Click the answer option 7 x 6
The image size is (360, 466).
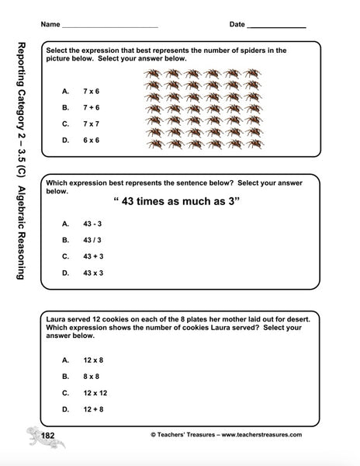tap(92, 91)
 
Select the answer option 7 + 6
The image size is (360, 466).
tap(92, 107)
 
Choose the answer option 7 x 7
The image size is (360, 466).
tap(92, 123)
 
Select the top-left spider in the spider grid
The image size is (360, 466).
tap(153, 75)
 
